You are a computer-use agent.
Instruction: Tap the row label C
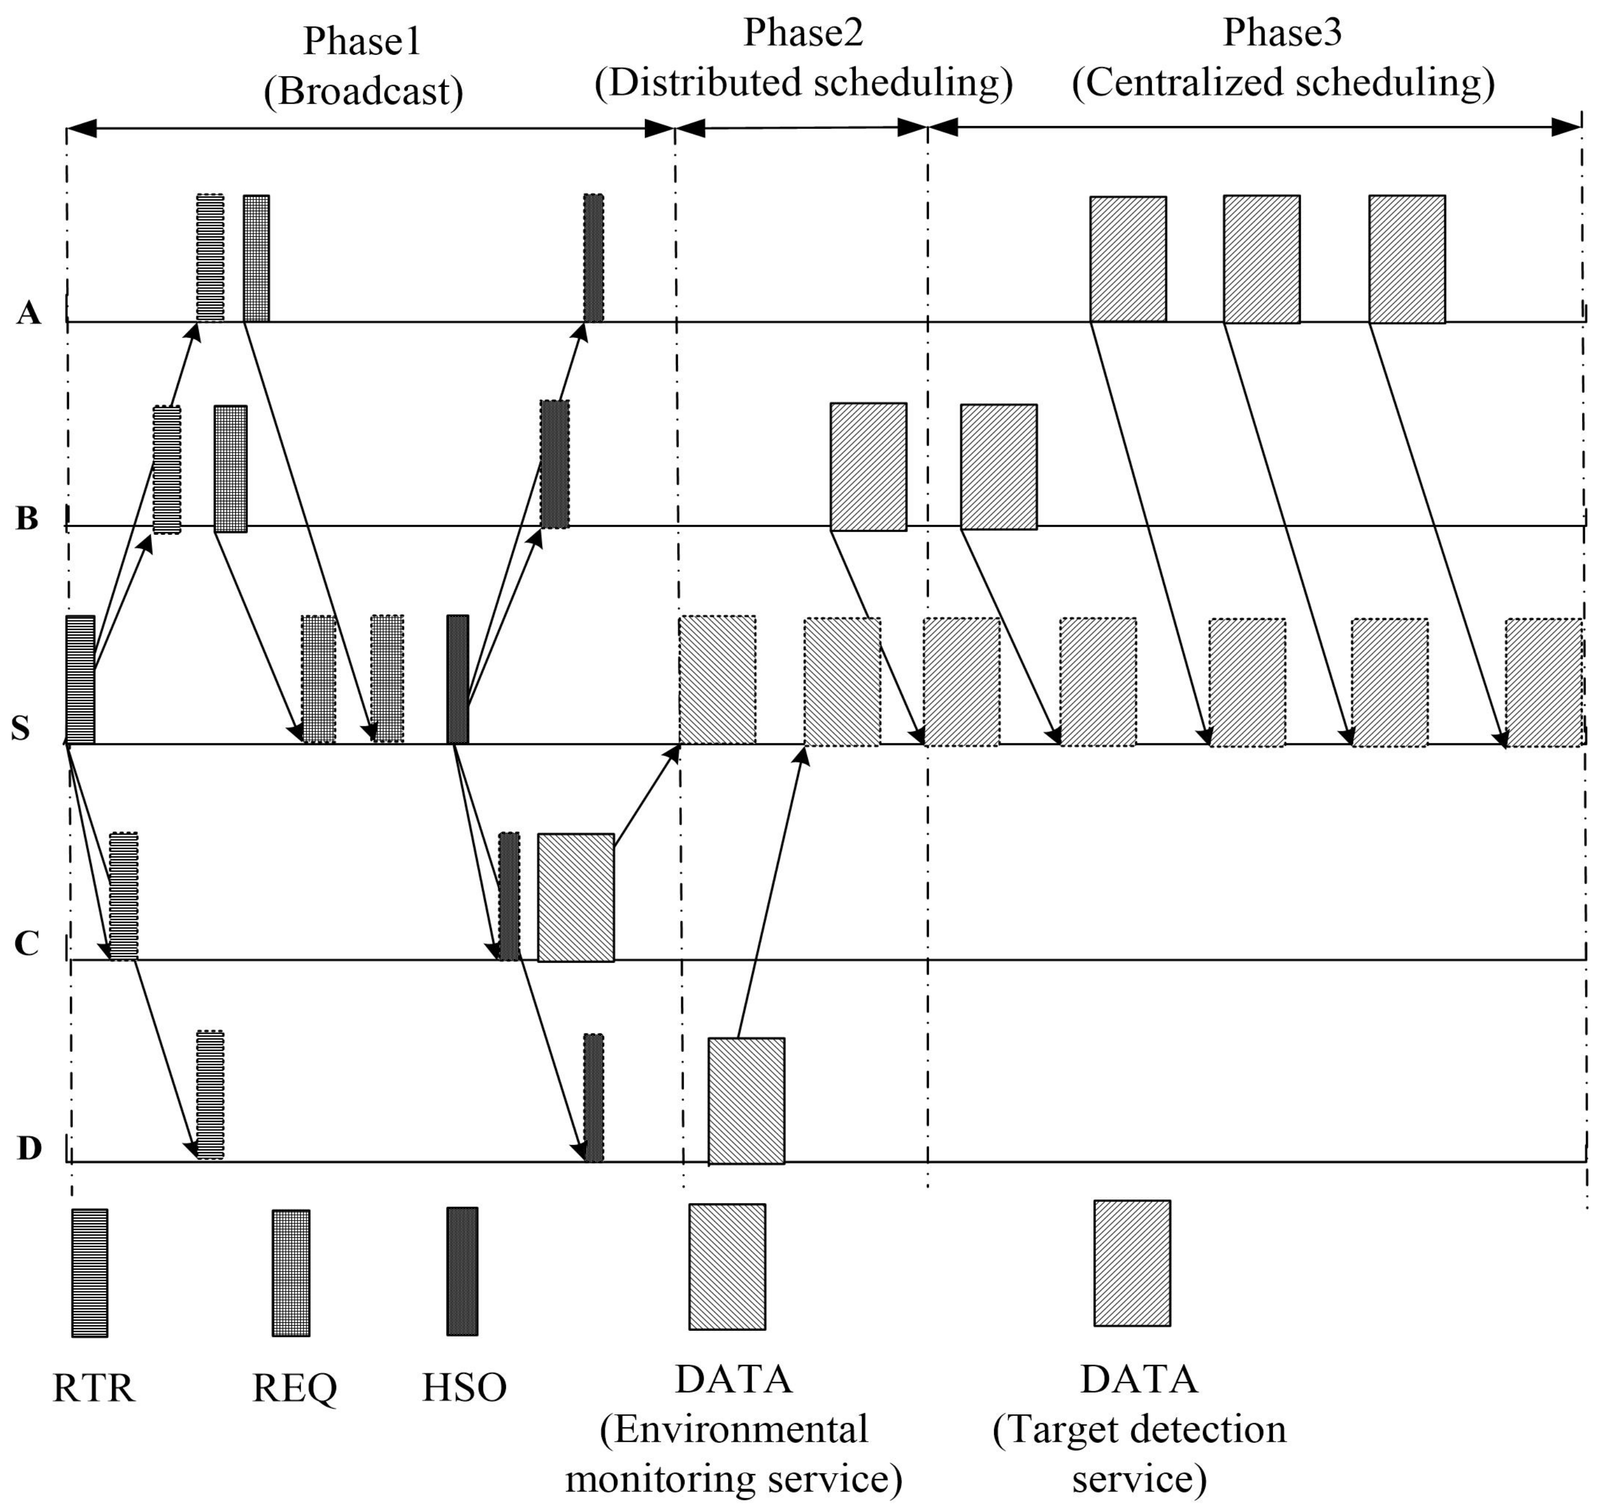click(26, 943)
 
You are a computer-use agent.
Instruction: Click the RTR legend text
click(94, 1388)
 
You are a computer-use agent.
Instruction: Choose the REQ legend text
click(294, 1388)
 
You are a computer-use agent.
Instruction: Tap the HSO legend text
click(464, 1388)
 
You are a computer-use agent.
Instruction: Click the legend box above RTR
click(90, 1273)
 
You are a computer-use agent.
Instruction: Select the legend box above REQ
click(291, 1273)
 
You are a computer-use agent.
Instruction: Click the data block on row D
click(746, 1101)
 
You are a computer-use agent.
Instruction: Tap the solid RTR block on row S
click(80, 679)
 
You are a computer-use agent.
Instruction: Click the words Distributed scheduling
click(803, 83)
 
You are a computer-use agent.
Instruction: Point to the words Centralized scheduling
click(1283, 83)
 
